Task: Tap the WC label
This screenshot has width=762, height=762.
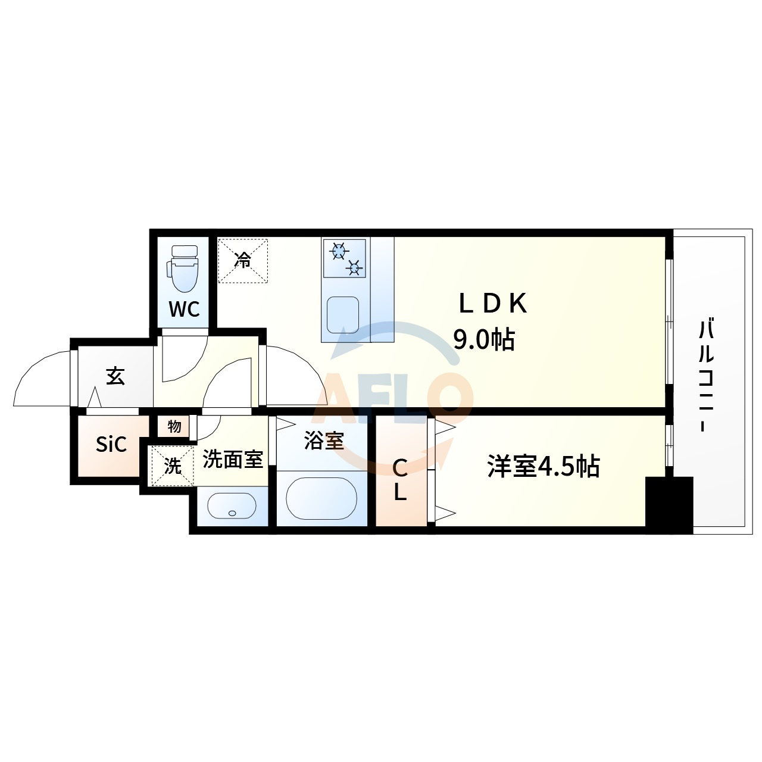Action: click(185, 309)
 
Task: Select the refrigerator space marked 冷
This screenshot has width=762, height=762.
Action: click(243, 261)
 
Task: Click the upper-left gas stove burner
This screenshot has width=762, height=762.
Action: click(339, 251)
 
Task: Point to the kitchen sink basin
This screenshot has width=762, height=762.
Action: click(343, 314)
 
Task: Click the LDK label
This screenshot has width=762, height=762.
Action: click(493, 304)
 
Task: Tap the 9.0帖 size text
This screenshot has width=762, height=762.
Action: click(484, 340)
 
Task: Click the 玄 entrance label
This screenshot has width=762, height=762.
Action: click(115, 376)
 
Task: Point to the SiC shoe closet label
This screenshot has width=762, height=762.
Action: click(111, 445)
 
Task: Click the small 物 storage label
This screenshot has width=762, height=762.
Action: click(174, 426)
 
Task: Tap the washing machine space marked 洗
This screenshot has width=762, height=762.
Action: click(173, 466)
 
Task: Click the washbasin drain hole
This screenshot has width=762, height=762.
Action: click(232, 513)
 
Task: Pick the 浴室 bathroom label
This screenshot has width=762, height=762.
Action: click(323, 441)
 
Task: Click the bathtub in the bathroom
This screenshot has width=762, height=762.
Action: click(321, 498)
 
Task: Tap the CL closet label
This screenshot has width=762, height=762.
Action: click(400, 481)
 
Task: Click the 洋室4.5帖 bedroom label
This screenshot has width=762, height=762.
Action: click(544, 467)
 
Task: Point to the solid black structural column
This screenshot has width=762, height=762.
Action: click(669, 505)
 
